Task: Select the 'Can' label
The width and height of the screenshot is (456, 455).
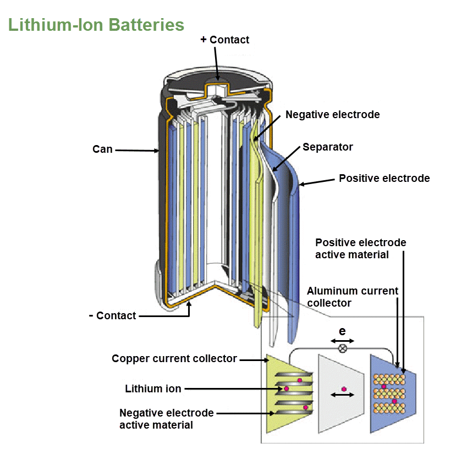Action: pyautogui.click(x=102, y=149)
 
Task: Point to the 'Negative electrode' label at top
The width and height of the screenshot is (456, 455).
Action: pyautogui.click(x=332, y=115)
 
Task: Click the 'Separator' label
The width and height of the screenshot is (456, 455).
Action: pyautogui.click(x=328, y=147)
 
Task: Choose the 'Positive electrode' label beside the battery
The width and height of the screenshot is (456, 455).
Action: pyautogui.click(x=384, y=178)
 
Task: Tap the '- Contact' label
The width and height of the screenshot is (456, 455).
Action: pyautogui.click(x=112, y=315)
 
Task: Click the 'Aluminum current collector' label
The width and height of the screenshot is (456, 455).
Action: pyautogui.click(x=352, y=297)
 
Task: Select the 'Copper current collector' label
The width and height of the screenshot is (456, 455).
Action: pyautogui.click(x=174, y=359)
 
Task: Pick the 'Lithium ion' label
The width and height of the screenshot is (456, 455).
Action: pyautogui.click(x=153, y=389)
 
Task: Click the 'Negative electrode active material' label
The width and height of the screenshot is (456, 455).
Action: pyautogui.click(x=166, y=419)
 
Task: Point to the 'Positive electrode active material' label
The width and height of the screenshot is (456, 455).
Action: pyautogui.click(x=360, y=248)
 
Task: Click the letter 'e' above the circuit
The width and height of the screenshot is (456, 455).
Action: pyautogui.click(x=342, y=331)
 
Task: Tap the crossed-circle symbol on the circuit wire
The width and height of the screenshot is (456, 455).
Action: pyautogui.click(x=342, y=348)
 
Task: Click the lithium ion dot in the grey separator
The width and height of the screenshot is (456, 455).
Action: pyautogui.click(x=344, y=389)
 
